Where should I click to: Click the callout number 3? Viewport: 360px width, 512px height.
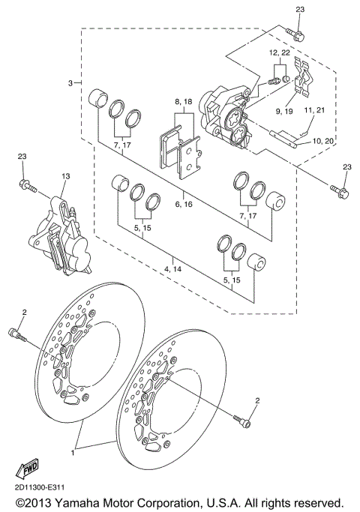pyautogui.click(x=70, y=82)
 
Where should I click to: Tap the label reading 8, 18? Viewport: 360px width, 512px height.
pyautogui.click(x=184, y=101)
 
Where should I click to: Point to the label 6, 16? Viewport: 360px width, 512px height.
pyautogui.click(x=184, y=204)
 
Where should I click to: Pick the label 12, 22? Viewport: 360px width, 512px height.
pyautogui.click(x=280, y=53)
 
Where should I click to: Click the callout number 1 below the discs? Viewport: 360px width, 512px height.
pyautogui.click(x=73, y=454)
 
